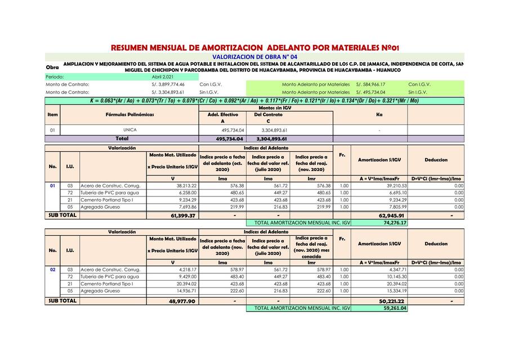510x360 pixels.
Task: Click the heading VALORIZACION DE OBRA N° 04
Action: point(254,57)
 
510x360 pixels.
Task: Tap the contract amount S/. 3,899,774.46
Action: point(168,84)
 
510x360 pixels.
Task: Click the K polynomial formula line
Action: point(254,101)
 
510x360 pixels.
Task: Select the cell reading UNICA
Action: point(130,130)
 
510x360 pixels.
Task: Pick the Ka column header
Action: point(379,114)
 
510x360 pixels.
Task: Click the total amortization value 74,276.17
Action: point(395,223)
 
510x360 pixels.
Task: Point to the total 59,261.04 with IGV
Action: point(395,308)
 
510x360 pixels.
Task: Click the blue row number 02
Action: point(52,269)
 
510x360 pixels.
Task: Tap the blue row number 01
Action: point(52,185)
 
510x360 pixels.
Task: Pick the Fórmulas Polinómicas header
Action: point(130,114)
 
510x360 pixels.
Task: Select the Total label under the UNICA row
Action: point(122,138)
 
